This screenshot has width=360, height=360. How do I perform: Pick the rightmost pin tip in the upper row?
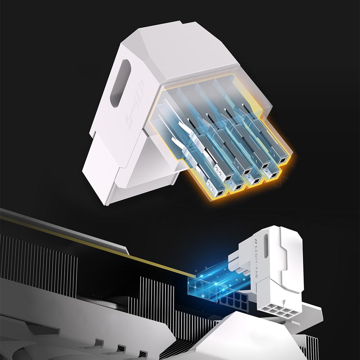[x=283, y=161]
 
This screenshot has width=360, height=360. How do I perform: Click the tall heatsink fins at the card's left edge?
[x=36, y=259]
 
